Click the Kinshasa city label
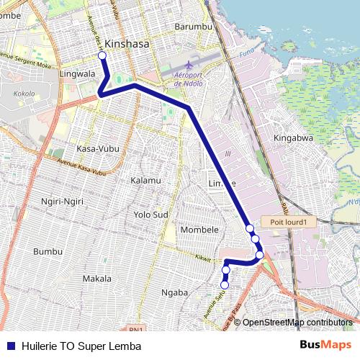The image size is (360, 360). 127,43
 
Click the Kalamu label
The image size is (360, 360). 145,180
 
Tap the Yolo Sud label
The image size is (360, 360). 151,215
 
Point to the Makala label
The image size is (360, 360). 96,278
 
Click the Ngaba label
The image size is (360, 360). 175,292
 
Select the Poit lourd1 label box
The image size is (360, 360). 289,222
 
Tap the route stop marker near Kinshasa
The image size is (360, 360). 102,55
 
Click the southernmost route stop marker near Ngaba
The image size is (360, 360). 224,285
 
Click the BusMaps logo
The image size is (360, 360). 326,346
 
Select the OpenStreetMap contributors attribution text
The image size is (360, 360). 297,323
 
